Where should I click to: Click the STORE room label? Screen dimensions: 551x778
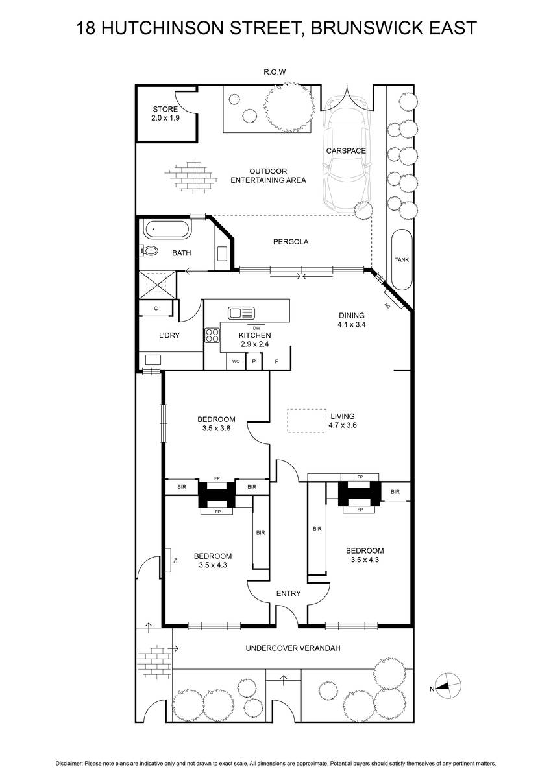pos(165,109)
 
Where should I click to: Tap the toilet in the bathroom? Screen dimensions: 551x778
pos(149,250)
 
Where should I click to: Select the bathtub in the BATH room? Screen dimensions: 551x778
pos(167,230)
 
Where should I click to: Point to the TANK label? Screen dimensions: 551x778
pos(402,260)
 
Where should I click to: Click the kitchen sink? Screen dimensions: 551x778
pos(241,312)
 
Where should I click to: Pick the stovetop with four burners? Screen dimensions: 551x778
pos(212,336)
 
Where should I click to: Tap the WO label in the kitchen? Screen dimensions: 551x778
pos(236,362)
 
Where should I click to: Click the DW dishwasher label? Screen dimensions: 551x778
pos(256,328)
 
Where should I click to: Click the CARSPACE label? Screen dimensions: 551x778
pos(346,150)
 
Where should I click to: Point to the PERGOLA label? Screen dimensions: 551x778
pos(291,242)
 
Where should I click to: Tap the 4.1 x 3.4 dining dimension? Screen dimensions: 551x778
pos(352,325)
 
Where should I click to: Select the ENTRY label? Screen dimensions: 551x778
pos(289,593)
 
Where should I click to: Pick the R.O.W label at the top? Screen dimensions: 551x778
pos(275,72)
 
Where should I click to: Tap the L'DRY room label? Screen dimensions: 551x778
pos(169,335)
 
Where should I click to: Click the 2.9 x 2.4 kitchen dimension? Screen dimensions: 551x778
pos(255,344)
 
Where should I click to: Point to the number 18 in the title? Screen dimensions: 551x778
pos(86,28)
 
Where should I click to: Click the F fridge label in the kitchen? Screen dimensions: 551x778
pos(276,362)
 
